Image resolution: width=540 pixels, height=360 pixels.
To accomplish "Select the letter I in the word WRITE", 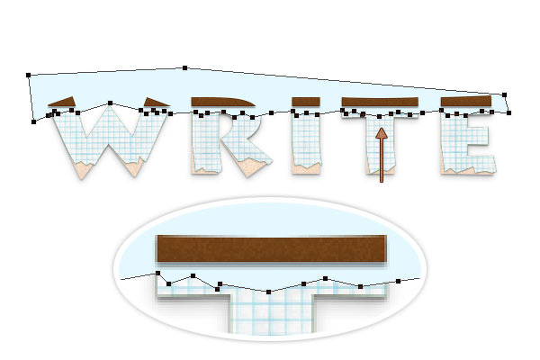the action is coord(306,142).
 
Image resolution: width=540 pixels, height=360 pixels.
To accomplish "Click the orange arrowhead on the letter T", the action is coord(382,134).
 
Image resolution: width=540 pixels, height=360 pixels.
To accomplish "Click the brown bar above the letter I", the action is coord(306,102).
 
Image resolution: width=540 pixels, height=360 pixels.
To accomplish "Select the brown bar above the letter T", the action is coord(380,102).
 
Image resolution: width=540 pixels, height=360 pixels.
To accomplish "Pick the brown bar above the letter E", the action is coord(466,101).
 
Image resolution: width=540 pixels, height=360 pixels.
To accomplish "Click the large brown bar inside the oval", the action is coord(272,248).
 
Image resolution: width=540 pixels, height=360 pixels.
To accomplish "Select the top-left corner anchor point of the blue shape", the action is coord(29,75).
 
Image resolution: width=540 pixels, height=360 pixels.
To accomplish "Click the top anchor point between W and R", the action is coord(184,67).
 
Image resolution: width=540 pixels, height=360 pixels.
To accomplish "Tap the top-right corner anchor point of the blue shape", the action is coord(505,94).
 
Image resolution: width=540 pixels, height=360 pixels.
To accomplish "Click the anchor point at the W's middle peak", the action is coord(110,103).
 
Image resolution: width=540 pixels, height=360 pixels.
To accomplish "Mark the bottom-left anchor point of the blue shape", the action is coord(34,121).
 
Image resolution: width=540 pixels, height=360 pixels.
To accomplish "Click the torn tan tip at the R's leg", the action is coord(251,167).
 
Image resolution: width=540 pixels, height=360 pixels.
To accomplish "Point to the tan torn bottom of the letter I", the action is coord(306,169).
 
